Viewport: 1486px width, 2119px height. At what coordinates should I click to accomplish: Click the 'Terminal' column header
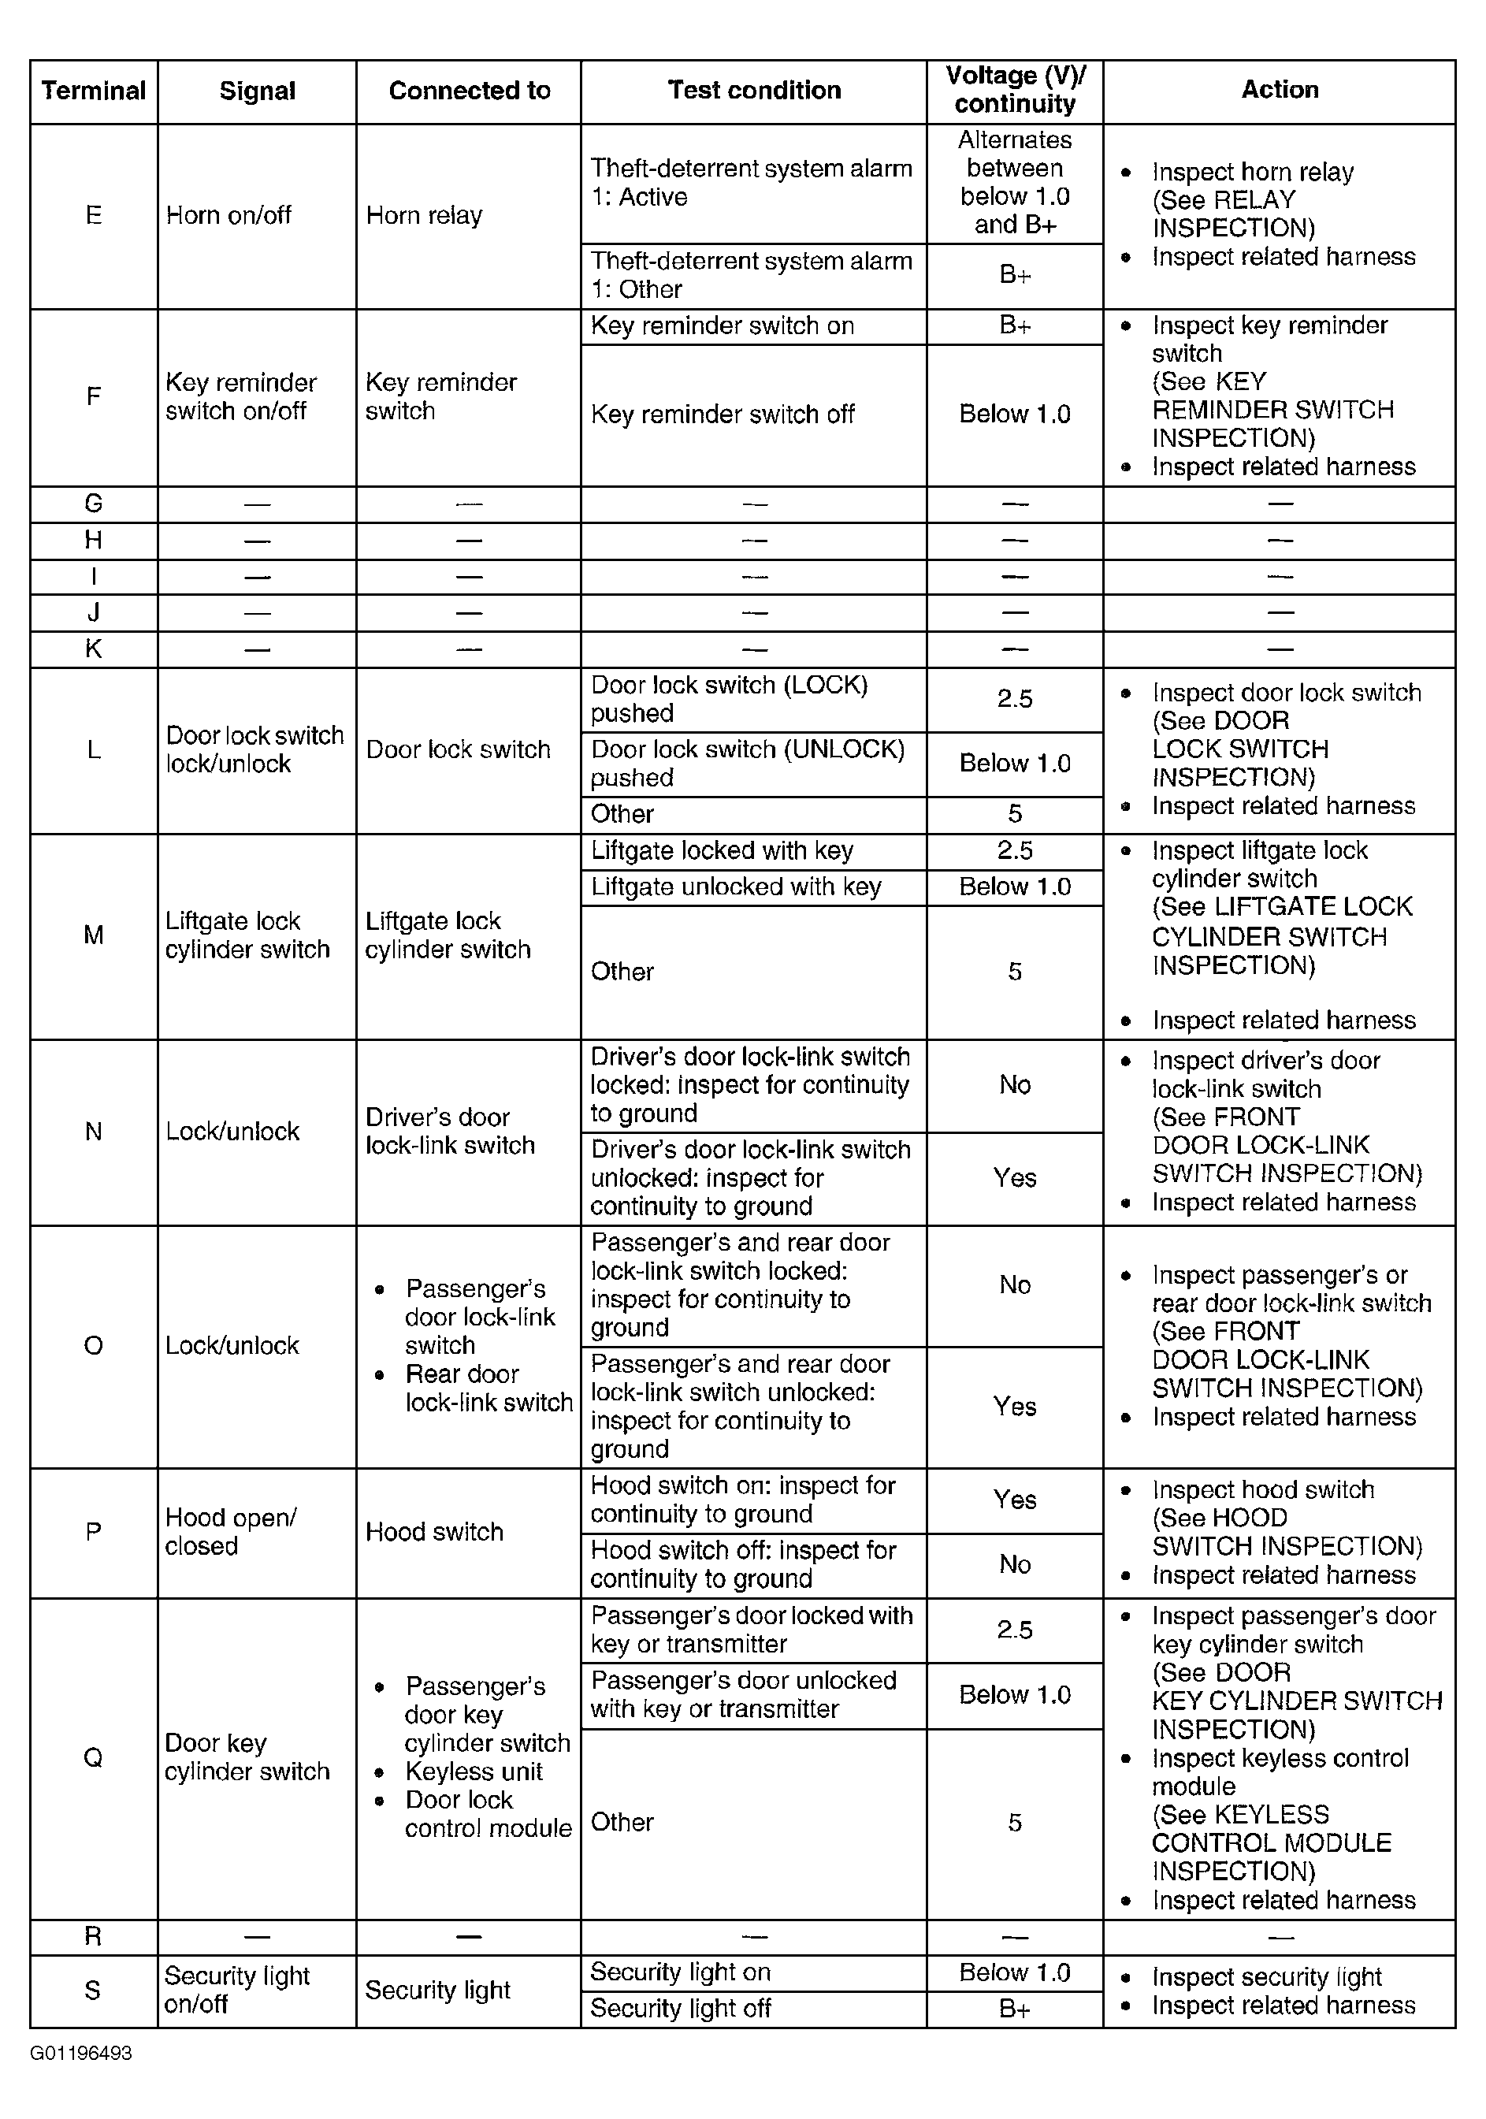(x=93, y=91)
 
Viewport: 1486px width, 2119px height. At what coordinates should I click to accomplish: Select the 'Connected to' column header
(x=469, y=91)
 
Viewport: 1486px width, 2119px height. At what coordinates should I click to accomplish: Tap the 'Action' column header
(x=1280, y=90)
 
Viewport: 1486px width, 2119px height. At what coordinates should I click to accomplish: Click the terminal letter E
(x=93, y=215)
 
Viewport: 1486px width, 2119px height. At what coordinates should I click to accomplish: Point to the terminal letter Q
(x=93, y=1757)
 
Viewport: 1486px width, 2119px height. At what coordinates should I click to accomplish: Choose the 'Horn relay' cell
(x=424, y=215)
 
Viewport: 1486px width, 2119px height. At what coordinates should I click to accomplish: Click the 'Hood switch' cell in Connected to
(x=434, y=1531)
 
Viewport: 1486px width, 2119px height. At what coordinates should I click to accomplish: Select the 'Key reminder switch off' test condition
(x=722, y=415)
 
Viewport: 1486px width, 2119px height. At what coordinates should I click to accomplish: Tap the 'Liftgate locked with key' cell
(x=722, y=850)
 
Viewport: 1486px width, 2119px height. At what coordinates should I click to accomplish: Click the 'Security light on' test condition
(x=680, y=1972)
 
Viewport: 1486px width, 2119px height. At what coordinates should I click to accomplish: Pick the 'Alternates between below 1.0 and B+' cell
(x=1014, y=182)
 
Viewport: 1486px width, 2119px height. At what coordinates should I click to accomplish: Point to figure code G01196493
(x=81, y=2054)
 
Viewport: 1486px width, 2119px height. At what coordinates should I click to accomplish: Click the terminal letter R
(x=93, y=1935)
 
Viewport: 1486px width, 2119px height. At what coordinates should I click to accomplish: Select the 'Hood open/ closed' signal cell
(x=230, y=1531)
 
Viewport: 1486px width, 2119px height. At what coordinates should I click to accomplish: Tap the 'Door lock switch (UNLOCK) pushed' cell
(x=747, y=764)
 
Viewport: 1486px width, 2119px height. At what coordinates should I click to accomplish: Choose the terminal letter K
(x=93, y=649)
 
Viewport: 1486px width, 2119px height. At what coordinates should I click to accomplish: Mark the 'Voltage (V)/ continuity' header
(x=1014, y=90)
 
